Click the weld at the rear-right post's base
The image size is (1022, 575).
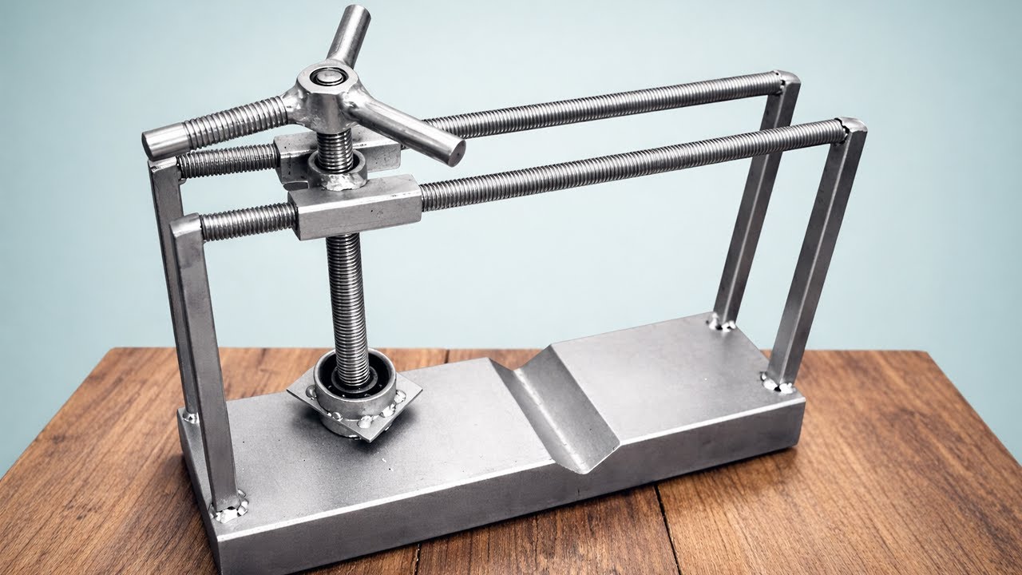[x=722, y=323]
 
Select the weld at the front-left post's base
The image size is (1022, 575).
[x=228, y=506]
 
